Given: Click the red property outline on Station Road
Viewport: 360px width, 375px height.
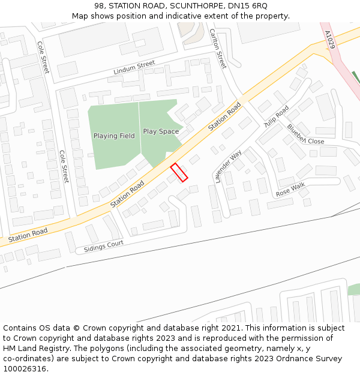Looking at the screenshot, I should click(x=179, y=172).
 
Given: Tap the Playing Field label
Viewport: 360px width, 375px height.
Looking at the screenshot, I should click(x=114, y=136).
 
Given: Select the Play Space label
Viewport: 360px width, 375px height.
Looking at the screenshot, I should click(x=161, y=131).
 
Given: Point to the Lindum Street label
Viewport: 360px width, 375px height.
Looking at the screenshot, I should click(x=134, y=68).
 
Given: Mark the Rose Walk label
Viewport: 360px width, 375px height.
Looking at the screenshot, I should click(x=291, y=190).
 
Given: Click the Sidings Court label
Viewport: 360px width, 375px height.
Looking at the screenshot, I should click(x=104, y=246).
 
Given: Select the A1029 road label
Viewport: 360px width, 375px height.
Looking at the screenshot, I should click(x=331, y=41).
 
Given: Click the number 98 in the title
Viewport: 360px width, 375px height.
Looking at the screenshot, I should click(x=99, y=5).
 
